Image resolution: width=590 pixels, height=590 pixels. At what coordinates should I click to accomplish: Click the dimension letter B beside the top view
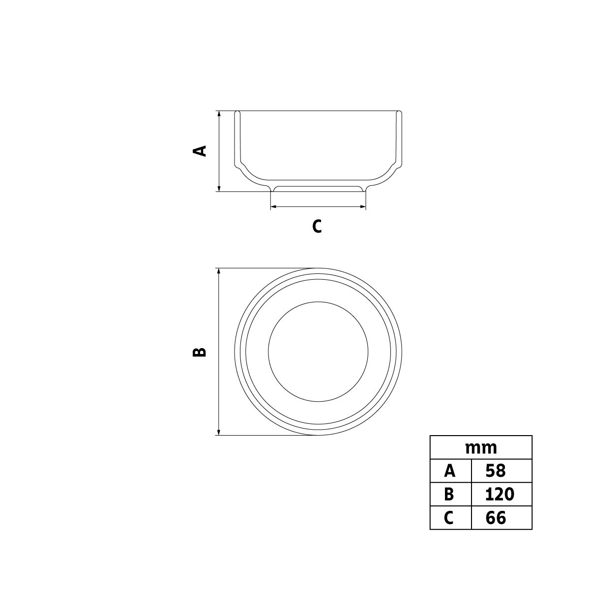200,352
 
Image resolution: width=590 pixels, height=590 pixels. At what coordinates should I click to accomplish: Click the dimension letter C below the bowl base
317,226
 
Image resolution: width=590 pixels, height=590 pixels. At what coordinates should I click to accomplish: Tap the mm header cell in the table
481,448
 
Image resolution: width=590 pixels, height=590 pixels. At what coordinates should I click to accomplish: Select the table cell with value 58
501,471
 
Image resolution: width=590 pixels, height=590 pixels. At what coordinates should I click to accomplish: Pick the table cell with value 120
501,494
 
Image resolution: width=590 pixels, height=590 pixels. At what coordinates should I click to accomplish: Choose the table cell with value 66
501,518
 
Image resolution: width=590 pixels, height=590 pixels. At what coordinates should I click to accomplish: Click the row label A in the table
450,471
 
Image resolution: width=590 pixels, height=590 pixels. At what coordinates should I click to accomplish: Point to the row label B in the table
449,494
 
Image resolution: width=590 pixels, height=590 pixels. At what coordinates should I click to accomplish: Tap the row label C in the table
448,518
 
